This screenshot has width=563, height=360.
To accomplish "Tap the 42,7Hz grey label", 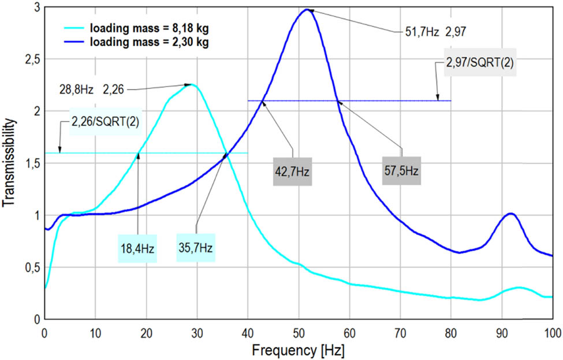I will click(x=293, y=172).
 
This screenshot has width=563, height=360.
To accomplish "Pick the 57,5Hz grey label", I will click(x=401, y=172).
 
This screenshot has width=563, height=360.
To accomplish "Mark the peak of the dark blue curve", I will click(x=307, y=9).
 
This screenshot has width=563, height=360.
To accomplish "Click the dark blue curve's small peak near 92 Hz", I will click(x=511, y=214).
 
